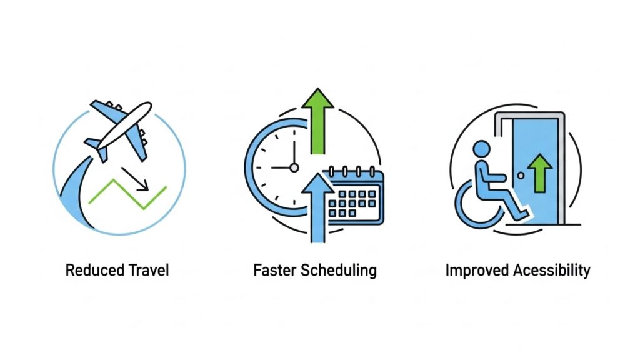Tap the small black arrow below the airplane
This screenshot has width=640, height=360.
click(x=135, y=179)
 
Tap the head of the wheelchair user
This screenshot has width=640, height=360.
click(x=481, y=149)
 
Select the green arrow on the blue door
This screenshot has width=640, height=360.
click(x=539, y=171)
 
